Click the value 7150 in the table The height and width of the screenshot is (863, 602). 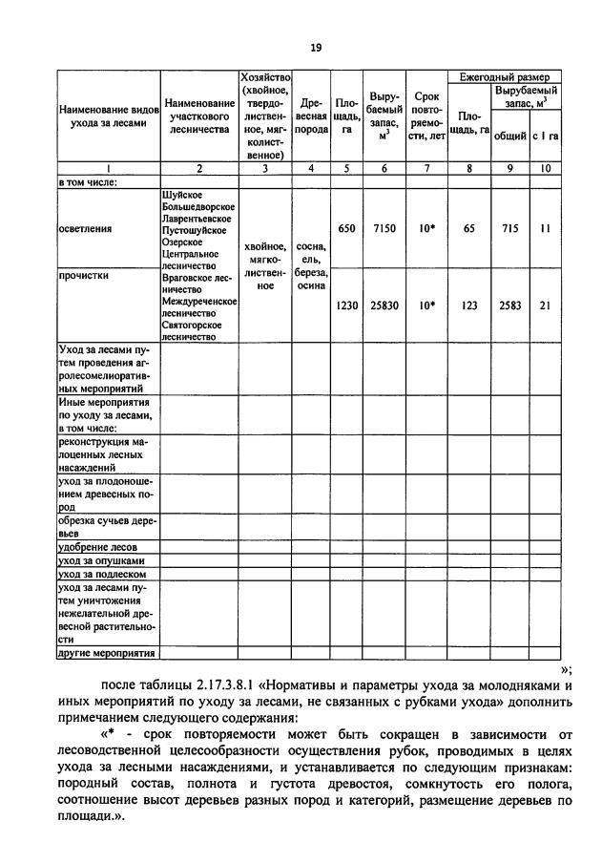coord(384,229)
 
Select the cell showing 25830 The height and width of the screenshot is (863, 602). coord(384,305)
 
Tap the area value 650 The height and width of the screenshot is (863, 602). coord(346,229)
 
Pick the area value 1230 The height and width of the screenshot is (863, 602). coord(346,305)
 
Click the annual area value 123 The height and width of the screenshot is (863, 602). coord(468,305)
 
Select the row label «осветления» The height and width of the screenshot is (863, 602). coord(85,229)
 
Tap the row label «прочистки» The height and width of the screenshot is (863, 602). coord(82,276)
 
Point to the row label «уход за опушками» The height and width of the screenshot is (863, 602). coord(101,560)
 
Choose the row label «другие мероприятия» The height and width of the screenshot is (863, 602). coord(106,654)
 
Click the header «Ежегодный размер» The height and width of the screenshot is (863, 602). coord(504,76)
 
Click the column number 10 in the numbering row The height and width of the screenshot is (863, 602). coord(546,169)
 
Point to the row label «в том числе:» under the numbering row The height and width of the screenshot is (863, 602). coord(88,181)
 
